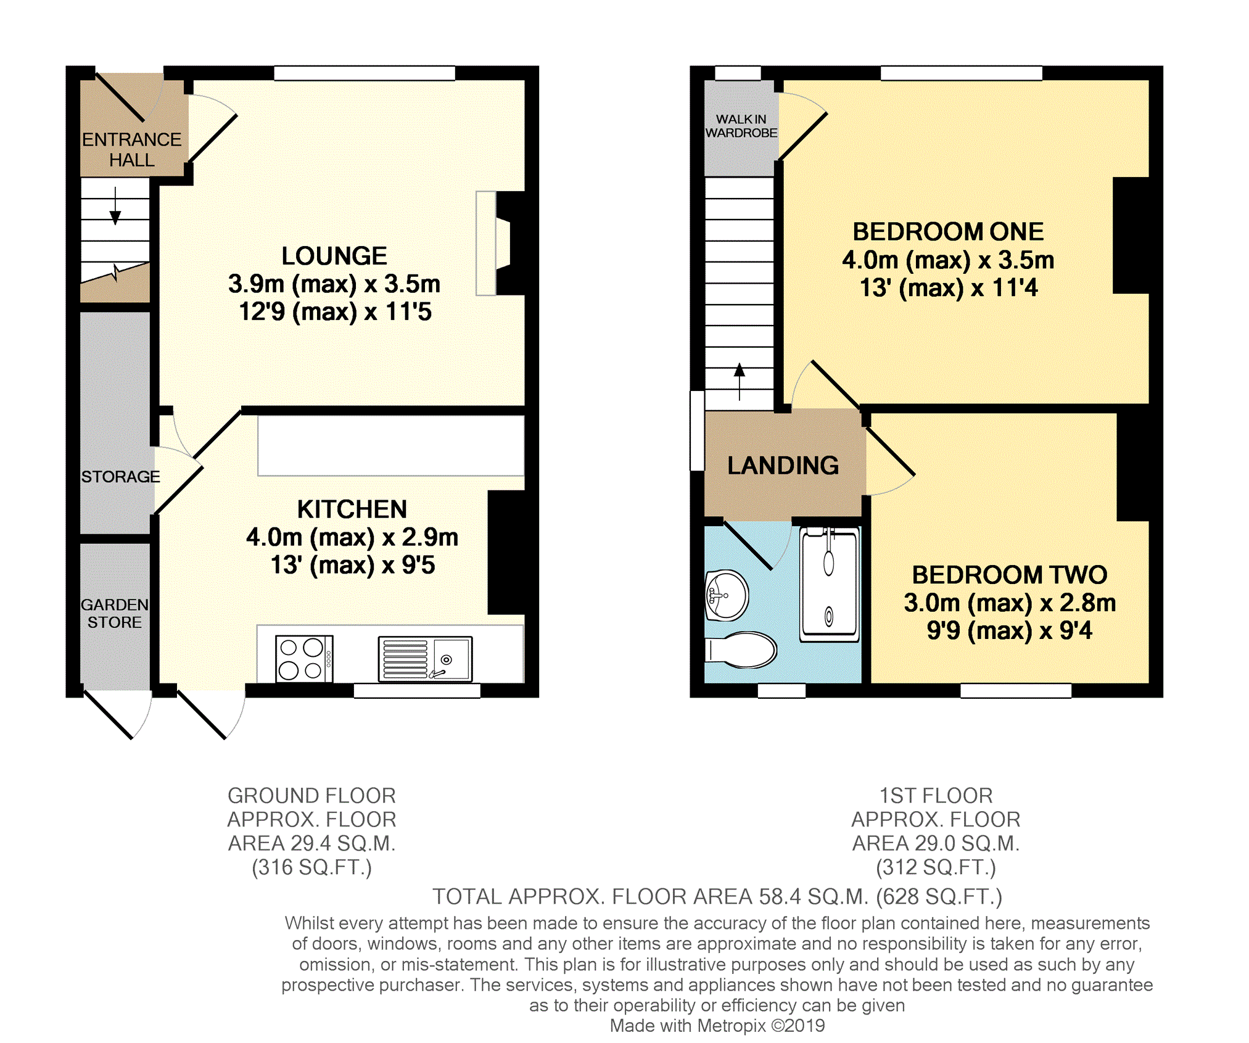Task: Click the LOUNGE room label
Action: coord(334,256)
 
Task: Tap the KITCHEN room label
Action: coord(352,509)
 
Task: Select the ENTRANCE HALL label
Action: coord(131,150)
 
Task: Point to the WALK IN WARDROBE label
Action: coord(741,126)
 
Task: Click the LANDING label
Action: coord(783,466)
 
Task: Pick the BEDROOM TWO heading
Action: coord(1010,575)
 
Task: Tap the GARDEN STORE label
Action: coord(115,613)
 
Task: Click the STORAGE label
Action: coord(120,477)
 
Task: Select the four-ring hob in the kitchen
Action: coord(304,659)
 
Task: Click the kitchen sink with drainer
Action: coord(425,659)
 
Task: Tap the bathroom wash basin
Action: coord(727,595)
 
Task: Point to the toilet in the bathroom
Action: coord(740,649)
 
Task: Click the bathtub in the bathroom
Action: coord(829,584)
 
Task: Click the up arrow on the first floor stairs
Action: coord(740,382)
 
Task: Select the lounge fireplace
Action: coord(501,243)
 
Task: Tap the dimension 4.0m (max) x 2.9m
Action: coord(352,537)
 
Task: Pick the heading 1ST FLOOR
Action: coord(936,796)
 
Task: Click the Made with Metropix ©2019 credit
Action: coord(717,1026)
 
